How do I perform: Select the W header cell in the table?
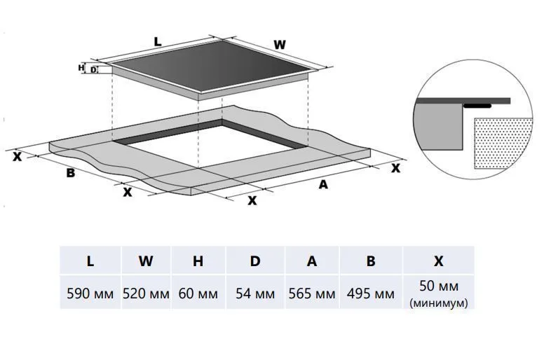pyautogui.click(x=146, y=261)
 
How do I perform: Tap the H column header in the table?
pyautogui.click(x=198, y=261)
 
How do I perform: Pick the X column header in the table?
pyautogui.click(x=439, y=261)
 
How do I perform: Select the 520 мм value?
pyautogui.click(x=146, y=293)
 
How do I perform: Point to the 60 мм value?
pyautogui.click(x=198, y=293)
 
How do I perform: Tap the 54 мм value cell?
pyautogui.click(x=255, y=293)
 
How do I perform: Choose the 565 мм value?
pyautogui.click(x=311, y=293)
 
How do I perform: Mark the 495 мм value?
pyautogui.click(x=370, y=293)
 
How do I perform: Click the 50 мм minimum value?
pyautogui.click(x=439, y=286)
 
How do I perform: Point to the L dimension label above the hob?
pyautogui.click(x=158, y=43)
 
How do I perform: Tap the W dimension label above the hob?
pyautogui.click(x=279, y=45)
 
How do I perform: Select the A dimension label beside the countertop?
pyautogui.click(x=323, y=185)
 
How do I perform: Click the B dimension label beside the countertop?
pyautogui.click(x=70, y=173)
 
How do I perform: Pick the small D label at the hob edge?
pyautogui.click(x=93, y=69)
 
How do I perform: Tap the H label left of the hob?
pyautogui.click(x=81, y=68)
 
